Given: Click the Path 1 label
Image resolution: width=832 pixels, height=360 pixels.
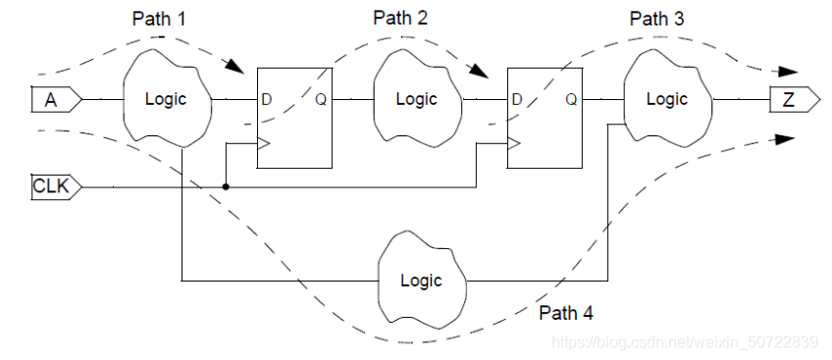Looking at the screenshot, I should pyautogui.click(x=161, y=19).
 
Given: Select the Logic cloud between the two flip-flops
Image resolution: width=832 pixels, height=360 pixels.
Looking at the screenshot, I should pyautogui.click(x=416, y=99).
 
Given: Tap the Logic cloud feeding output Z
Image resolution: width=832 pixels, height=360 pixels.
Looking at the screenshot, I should pyautogui.click(x=667, y=99).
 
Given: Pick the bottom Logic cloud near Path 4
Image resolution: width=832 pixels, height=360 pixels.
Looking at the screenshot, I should pyautogui.click(x=421, y=280).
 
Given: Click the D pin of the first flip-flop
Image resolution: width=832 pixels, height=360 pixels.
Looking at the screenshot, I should pyautogui.click(x=266, y=99).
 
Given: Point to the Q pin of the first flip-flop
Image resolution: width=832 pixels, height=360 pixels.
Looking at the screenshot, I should pyautogui.click(x=321, y=99).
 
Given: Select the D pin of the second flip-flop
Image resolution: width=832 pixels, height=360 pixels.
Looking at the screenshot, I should pyautogui.click(x=517, y=99).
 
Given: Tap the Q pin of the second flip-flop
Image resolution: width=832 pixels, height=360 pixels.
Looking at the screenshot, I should pyautogui.click(x=571, y=99).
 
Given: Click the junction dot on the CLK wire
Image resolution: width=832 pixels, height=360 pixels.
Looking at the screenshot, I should pyautogui.click(x=227, y=185).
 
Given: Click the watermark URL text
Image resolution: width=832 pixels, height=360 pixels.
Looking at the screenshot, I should pyautogui.click(x=685, y=341).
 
